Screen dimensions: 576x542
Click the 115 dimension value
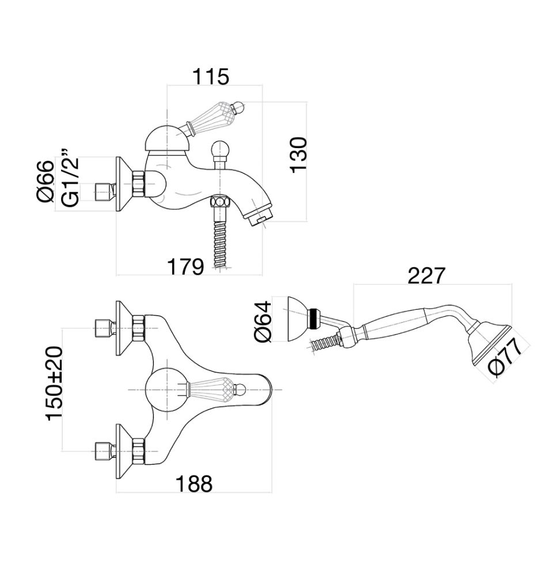pos(210,77)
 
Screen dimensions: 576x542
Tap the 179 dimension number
pos(185,267)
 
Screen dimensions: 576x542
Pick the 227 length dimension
pos(426,276)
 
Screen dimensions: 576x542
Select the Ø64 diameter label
pos(261,320)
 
